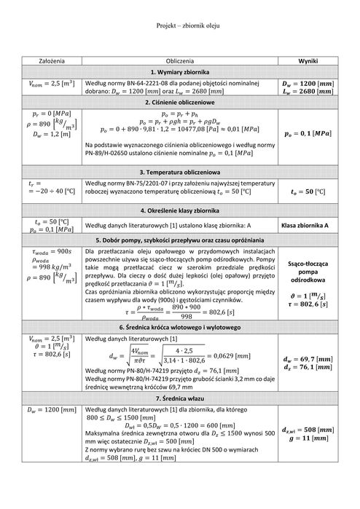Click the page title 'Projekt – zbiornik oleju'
(x=188, y=25)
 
